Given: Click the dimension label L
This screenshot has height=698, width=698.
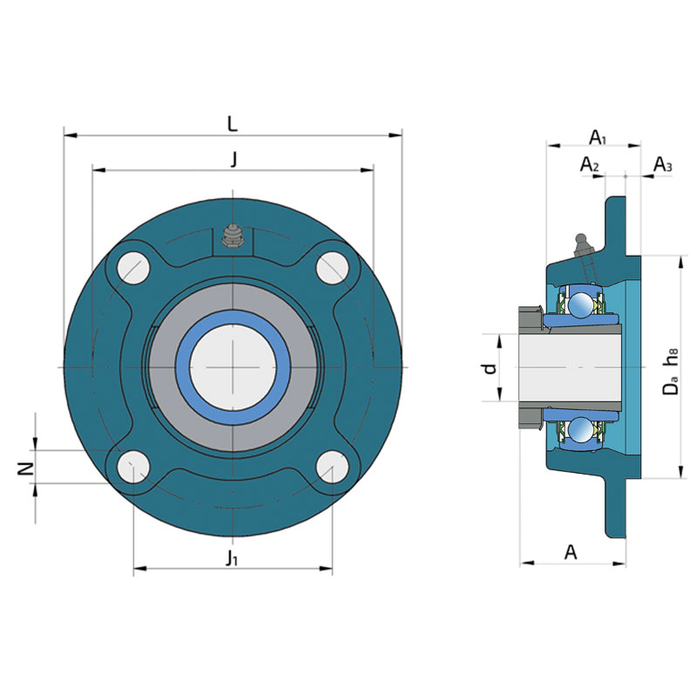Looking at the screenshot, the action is pos(232,124).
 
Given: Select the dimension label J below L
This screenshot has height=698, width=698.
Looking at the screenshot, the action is pos(233,160).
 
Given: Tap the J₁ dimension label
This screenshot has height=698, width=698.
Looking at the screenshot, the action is pos(231,558).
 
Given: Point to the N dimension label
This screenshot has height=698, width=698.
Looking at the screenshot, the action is pos(26,469).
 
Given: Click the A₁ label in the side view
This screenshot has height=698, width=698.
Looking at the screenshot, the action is pos(598,138).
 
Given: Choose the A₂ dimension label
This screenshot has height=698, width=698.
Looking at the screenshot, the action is pos(590,165).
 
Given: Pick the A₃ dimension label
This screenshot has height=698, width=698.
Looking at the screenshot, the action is pos(662,165).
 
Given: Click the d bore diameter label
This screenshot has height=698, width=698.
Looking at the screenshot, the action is pos(489,368).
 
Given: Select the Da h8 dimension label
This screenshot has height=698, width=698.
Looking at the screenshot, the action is pos(670,372).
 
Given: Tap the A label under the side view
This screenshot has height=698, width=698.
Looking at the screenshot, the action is pos(571,552).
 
